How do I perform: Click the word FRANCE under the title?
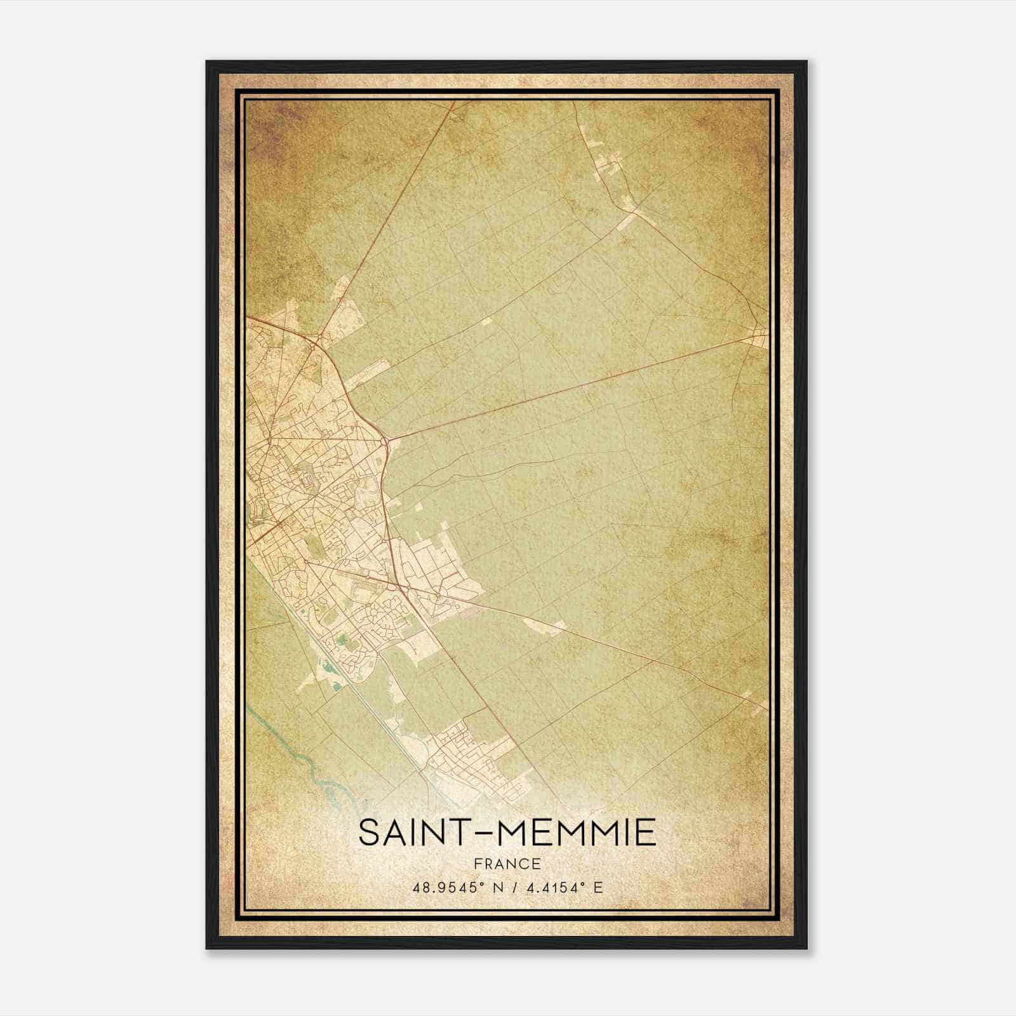point(507,864)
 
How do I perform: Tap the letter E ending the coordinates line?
point(598,887)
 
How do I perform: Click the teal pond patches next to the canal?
point(330,667)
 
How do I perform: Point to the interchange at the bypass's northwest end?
point(316,343)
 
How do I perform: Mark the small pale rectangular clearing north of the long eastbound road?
point(487,322)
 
